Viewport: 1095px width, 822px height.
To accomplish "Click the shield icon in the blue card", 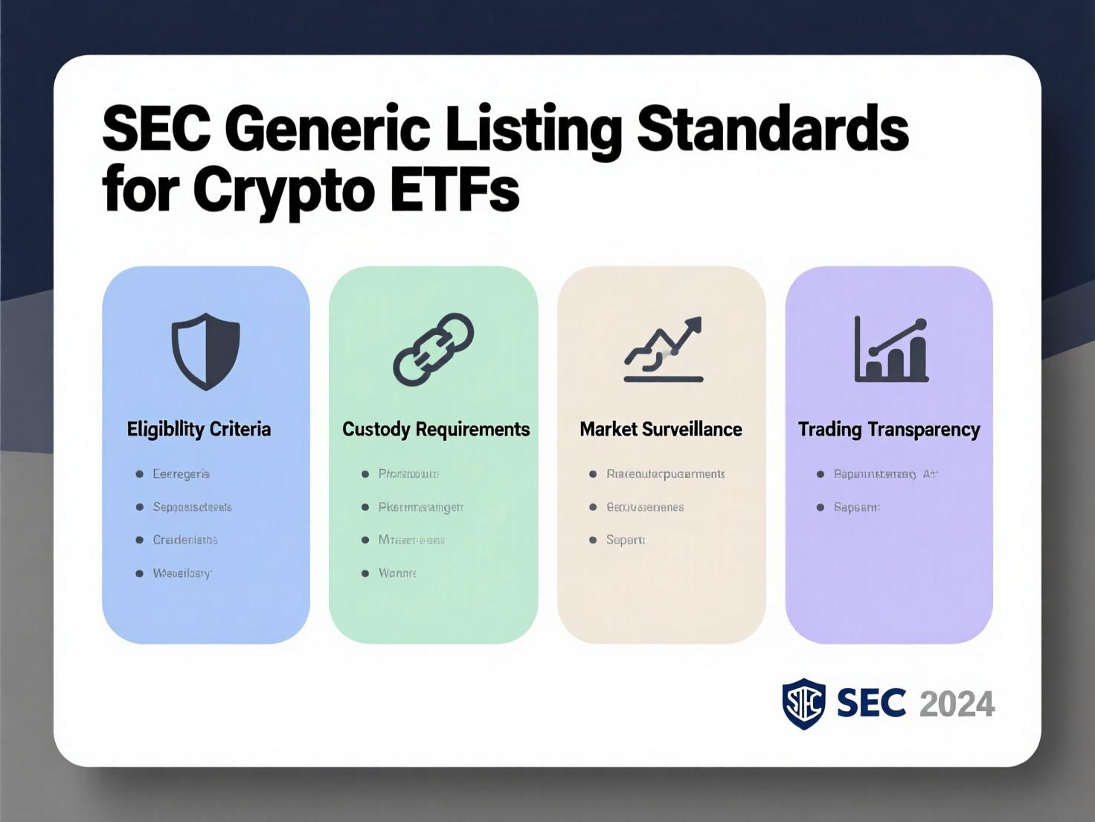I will tap(206, 351).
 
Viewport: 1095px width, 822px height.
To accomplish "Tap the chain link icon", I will tap(434, 349).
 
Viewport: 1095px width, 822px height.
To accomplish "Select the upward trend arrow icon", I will tap(664, 349).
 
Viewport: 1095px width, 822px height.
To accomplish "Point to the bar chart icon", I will tap(891, 349).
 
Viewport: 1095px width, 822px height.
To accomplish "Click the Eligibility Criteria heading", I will tap(199, 429).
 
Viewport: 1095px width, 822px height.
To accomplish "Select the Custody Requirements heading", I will tap(436, 429).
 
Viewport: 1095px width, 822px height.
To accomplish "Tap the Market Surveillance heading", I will tap(661, 429).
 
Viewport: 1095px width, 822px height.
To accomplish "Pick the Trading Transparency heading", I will tap(889, 430).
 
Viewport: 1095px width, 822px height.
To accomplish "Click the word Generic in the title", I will tap(328, 131).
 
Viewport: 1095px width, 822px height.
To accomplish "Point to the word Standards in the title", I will tap(774, 130).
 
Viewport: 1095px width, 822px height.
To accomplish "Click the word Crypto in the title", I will tap(283, 192).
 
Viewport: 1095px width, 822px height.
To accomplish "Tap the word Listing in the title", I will tap(533, 131).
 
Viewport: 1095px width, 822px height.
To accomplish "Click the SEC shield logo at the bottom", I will tap(803, 704).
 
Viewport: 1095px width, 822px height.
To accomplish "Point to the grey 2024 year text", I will tap(957, 704).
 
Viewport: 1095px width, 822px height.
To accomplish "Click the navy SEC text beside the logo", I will tap(871, 704).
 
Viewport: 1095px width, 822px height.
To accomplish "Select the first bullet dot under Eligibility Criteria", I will tap(139, 474).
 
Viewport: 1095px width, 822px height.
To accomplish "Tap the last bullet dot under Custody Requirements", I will tap(365, 573).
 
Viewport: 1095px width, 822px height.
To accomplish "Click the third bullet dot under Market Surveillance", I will tap(593, 540).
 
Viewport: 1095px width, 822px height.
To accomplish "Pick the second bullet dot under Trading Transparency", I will tap(821, 507).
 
